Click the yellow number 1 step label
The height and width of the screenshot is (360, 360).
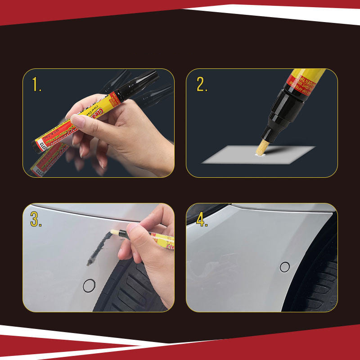pyautogui.click(x=36, y=84)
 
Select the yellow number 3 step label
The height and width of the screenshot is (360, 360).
pyautogui.click(x=36, y=219)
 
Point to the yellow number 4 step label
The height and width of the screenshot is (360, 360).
pyautogui.click(x=202, y=218)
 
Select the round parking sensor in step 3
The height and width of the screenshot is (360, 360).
pyautogui.click(x=90, y=285)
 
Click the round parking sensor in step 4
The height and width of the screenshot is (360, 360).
pyautogui.click(x=284, y=267)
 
